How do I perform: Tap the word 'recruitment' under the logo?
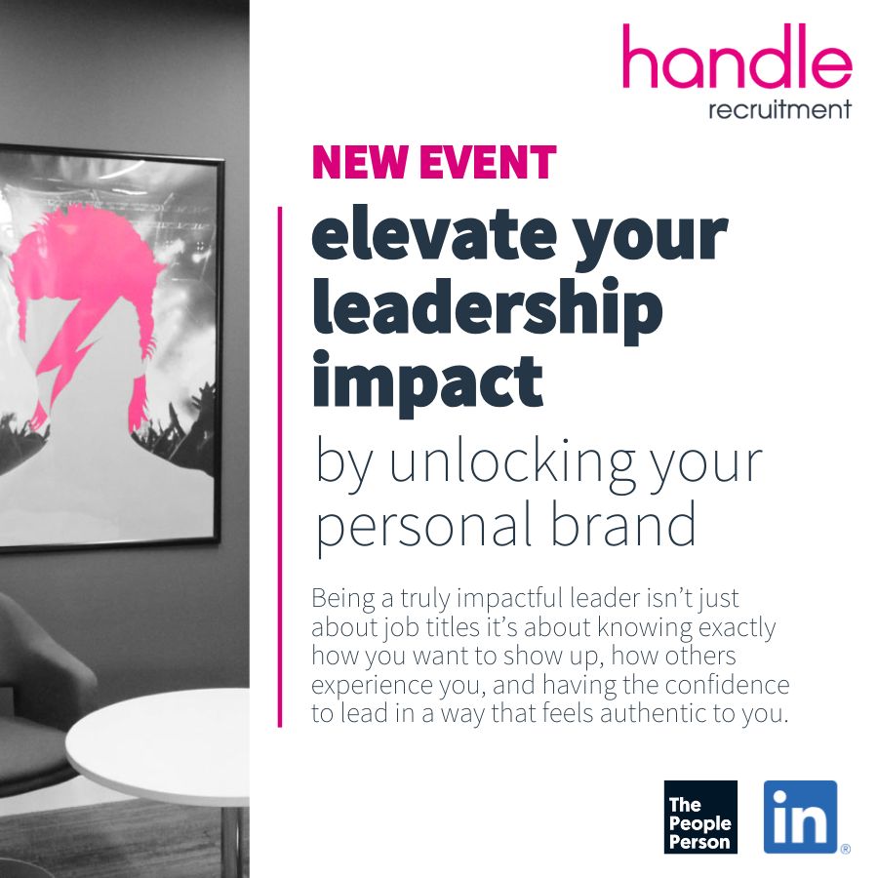pyautogui.click(x=779, y=108)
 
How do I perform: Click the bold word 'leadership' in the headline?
pyautogui.click(x=487, y=308)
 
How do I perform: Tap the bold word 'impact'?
pyautogui.click(x=427, y=380)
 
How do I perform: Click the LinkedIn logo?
pyautogui.click(x=800, y=817)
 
